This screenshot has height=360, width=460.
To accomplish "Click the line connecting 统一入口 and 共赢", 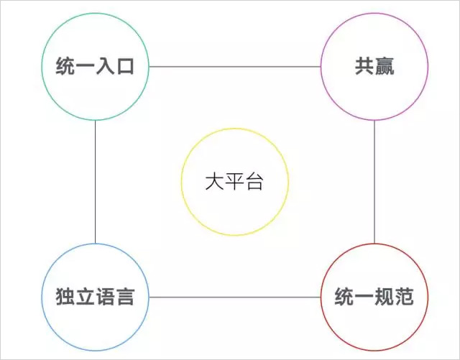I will pyautogui.click(x=234, y=67).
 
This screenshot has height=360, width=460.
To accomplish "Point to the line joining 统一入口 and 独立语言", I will pyautogui.click(x=95, y=182).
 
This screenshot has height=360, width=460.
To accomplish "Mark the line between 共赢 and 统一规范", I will pyautogui.click(x=374, y=182).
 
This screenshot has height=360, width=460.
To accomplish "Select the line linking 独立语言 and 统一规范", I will pyautogui.click(x=234, y=297).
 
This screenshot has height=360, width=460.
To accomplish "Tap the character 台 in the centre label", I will pyautogui.click(x=254, y=182).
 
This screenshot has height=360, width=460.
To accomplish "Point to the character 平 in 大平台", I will pyautogui.click(x=234, y=182).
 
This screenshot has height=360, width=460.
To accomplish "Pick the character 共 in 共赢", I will pyautogui.click(x=364, y=67).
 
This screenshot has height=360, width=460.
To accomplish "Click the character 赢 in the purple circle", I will pyautogui.click(x=385, y=67).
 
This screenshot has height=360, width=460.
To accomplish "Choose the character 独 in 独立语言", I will pyautogui.click(x=65, y=297).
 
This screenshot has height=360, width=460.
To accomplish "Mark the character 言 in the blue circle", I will pyautogui.click(x=125, y=297).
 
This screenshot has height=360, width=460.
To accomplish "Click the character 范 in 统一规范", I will pyautogui.click(x=405, y=297).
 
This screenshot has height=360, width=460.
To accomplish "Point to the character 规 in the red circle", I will pyautogui.click(x=385, y=297).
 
